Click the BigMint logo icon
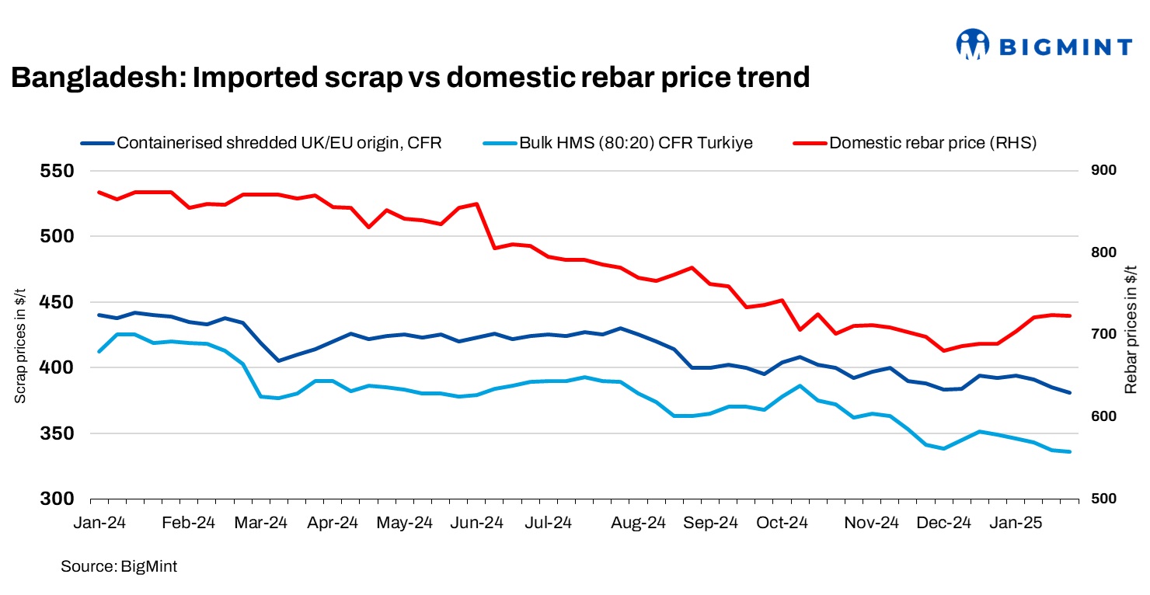point(972,45)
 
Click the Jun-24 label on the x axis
point(478,523)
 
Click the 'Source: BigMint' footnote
point(119,567)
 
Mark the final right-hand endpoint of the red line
point(1070,315)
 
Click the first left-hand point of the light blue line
point(99,352)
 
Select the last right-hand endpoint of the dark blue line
point(1070,393)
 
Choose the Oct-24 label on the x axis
point(782,523)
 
